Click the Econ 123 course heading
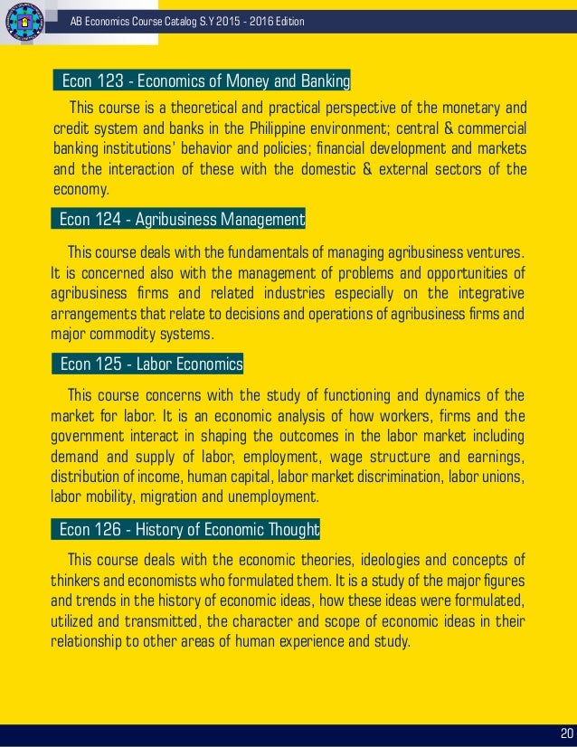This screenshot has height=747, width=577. pyautogui.click(x=204, y=82)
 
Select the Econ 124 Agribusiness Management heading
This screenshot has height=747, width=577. pyautogui.click(x=182, y=219)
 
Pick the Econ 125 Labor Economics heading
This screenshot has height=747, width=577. pyautogui.click(x=150, y=364)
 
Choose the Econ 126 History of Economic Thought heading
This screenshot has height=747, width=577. pyautogui.click(x=188, y=528)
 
